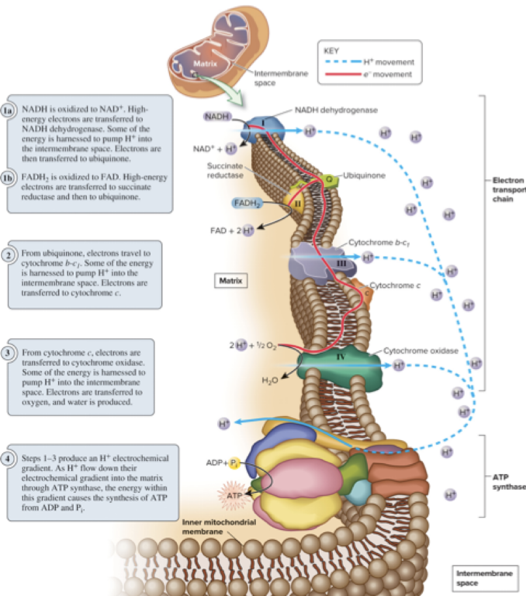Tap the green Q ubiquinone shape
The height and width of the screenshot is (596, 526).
click(330, 179)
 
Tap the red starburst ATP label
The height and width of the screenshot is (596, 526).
click(233, 495)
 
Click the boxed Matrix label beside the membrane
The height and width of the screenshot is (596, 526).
click(230, 281)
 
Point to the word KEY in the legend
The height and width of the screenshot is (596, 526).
click(332, 50)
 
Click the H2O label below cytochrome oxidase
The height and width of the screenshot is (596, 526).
click(270, 380)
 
